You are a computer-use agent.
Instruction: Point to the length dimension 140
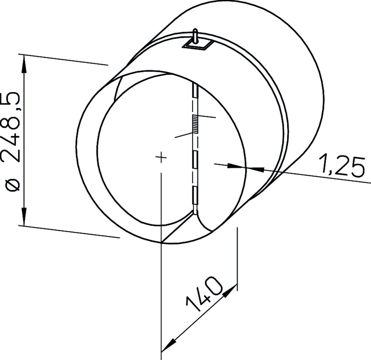204,294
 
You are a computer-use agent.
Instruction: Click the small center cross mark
161,157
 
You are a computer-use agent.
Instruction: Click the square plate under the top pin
197,45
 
